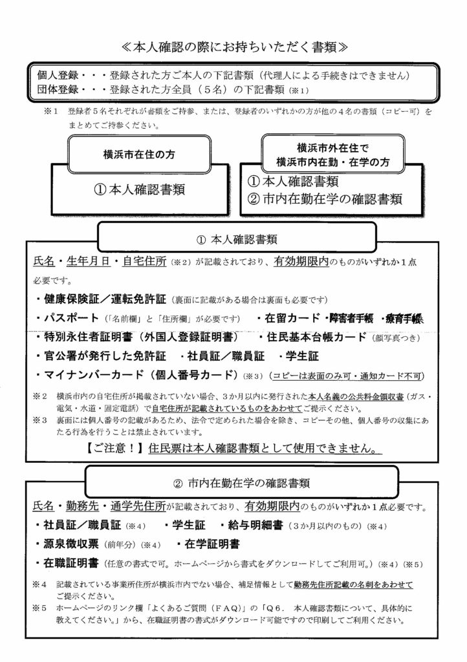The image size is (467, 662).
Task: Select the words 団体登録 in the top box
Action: [x=58, y=89]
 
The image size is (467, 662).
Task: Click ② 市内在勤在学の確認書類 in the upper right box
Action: [x=327, y=198]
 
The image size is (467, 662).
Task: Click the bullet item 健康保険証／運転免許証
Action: [x=104, y=300]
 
